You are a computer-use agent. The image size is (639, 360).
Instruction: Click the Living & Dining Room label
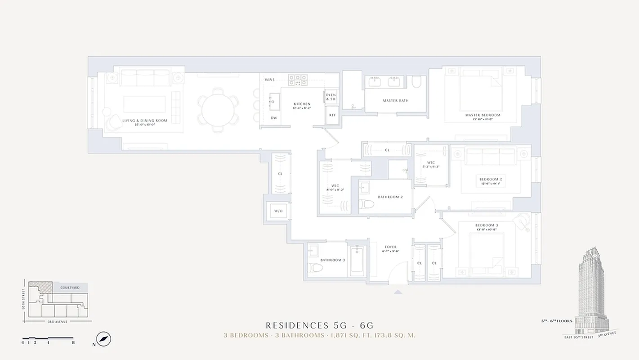click(145, 121)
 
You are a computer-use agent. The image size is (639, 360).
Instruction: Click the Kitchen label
click(302, 104)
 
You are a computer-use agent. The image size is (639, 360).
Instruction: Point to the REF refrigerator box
click(332, 115)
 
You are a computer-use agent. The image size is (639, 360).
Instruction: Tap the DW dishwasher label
click(273, 118)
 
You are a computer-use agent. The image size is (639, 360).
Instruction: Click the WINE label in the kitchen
click(269, 80)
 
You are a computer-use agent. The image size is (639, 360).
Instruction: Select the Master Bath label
click(396, 100)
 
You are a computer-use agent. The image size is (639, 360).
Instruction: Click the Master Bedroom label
click(483, 115)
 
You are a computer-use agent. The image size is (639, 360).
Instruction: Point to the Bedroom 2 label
click(491, 179)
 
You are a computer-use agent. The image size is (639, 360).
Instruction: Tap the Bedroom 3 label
click(487, 225)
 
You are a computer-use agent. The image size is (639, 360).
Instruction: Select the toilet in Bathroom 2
click(367, 205)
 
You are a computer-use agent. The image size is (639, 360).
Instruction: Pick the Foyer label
click(391, 247)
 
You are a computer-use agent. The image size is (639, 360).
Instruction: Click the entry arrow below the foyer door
click(398, 292)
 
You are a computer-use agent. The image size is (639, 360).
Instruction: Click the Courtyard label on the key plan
click(70, 288)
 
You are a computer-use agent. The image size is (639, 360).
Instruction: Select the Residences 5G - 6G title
click(320, 325)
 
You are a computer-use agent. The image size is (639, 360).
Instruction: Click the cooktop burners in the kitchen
click(298, 80)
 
